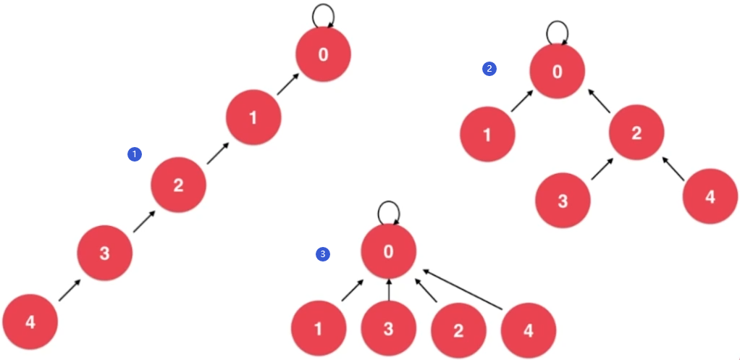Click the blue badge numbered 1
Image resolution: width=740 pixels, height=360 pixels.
coord(134,154)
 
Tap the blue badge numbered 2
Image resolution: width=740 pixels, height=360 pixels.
coord(489,69)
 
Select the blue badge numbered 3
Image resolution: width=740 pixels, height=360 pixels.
coord(323,254)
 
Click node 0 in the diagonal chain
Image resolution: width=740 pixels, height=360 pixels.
coord(323,55)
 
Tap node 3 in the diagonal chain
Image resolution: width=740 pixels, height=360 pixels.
coord(104,254)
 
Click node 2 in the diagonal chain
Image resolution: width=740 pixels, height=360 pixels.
coord(178,185)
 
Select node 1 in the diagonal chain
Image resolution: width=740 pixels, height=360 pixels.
coord(253,118)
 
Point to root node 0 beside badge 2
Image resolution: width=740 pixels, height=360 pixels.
coord(556,71)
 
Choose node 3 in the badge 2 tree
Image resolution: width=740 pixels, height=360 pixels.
coord(563,201)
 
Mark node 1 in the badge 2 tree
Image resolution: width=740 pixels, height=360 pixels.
coord(487,135)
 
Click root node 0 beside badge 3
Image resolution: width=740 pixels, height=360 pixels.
coord(388,252)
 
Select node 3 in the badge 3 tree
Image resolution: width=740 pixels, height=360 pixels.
coord(388,330)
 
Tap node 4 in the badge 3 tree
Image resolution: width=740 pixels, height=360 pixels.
coord(528,330)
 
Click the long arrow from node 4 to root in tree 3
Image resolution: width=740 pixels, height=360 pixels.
coord(463,288)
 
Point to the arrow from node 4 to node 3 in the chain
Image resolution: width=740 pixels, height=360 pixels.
coord(69,290)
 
